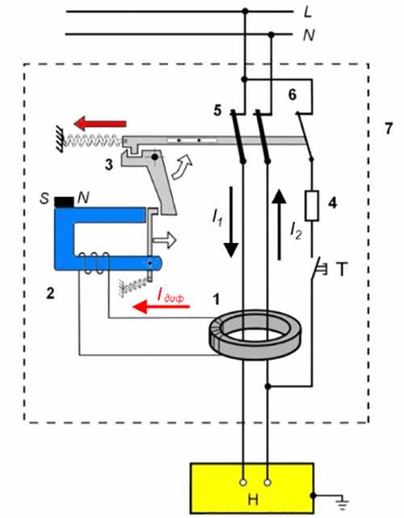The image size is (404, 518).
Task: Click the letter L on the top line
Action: pos(308,12)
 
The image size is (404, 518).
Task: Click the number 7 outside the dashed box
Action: pos(389,128)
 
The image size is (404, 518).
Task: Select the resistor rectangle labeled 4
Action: pos(312,206)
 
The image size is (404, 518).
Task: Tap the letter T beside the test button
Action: pos(342,269)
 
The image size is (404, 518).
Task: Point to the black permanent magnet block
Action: pos(64,202)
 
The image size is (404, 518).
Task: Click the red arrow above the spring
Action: pos(100,123)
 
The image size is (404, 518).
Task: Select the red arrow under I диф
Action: pos(161,307)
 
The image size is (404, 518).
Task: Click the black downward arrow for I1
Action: pos(230,222)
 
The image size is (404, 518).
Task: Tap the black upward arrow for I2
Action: pos(280,224)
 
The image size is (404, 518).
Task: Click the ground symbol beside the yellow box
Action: pos(342,503)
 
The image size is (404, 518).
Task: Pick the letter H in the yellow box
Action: pos(253,500)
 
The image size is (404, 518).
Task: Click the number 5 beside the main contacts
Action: pos(217,111)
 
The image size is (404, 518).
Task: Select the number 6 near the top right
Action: pos(292,94)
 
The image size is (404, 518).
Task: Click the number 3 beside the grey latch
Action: pos(109,164)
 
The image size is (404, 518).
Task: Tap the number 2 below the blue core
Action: pos(50,293)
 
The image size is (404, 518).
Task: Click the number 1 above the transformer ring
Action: pos(216,299)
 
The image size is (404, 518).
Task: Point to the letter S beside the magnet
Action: pos(44,198)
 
